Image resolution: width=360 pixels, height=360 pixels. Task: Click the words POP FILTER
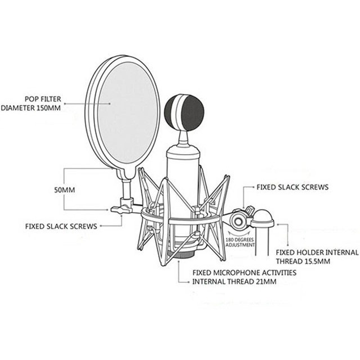(x=42, y=98)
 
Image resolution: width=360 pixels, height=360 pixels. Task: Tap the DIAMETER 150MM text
(x=30, y=107)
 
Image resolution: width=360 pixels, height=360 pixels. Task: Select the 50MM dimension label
(x=64, y=190)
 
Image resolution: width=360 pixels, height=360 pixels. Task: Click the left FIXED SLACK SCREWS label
(x=61, y=226)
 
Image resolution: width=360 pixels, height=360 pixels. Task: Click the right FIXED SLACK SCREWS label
(x=292, y=187)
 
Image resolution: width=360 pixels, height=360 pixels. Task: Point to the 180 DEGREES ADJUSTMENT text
(x=240, y=242)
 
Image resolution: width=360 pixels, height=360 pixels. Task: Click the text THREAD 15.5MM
(x=303, y=262)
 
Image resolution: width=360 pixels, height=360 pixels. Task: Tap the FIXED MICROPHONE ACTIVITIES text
(x=245, y=273)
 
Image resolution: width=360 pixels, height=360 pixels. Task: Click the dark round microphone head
(x=184, y=112)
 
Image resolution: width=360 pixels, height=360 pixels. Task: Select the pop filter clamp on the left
(x=123, y=208)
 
